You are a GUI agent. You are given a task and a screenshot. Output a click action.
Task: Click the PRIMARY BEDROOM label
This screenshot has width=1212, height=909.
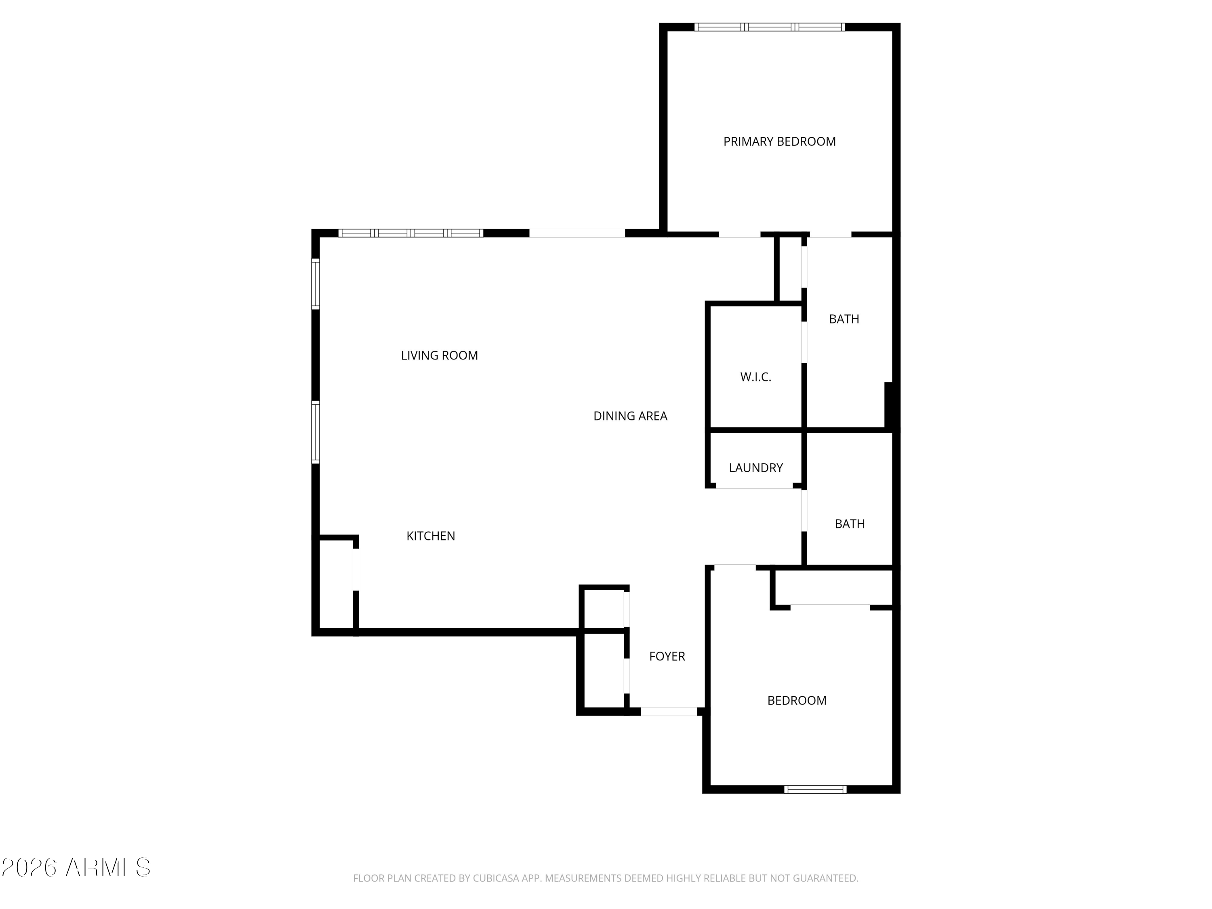779,142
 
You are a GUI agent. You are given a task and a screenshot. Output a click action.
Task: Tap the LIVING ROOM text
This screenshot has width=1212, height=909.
440,356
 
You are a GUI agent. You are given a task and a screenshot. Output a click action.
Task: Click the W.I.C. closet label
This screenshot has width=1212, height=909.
755,377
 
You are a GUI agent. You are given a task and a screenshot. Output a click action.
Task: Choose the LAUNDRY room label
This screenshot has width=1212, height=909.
755,468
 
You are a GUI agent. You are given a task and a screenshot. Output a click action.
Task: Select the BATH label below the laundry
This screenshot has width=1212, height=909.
849,524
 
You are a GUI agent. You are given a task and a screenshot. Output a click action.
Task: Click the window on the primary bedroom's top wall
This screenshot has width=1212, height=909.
769,27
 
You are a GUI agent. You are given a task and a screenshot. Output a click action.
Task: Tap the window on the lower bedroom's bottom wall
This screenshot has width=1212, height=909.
815,789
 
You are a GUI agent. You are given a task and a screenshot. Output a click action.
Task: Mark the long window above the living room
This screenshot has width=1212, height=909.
410,233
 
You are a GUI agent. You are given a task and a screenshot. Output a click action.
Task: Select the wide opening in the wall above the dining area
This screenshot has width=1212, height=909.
577,233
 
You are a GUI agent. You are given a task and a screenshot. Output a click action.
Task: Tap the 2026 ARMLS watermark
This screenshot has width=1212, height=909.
76,868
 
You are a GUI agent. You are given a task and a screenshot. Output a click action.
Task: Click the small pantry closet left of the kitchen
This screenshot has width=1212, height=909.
335,585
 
